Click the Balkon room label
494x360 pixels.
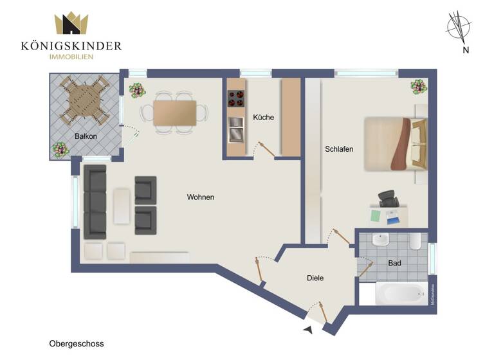point(86,136)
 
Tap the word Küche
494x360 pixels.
point(263,118)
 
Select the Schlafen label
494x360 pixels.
point(339,149)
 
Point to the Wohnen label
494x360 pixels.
point(201,197)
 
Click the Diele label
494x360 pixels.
point(315,278)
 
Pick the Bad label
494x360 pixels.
point(395,264)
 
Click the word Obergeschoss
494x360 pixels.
point(76,344)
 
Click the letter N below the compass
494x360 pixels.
point(465,50)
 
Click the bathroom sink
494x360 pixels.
point(381,241)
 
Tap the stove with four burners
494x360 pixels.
point(235,99)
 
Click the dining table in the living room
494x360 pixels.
point(175,113)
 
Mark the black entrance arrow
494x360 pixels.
point(307,330)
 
